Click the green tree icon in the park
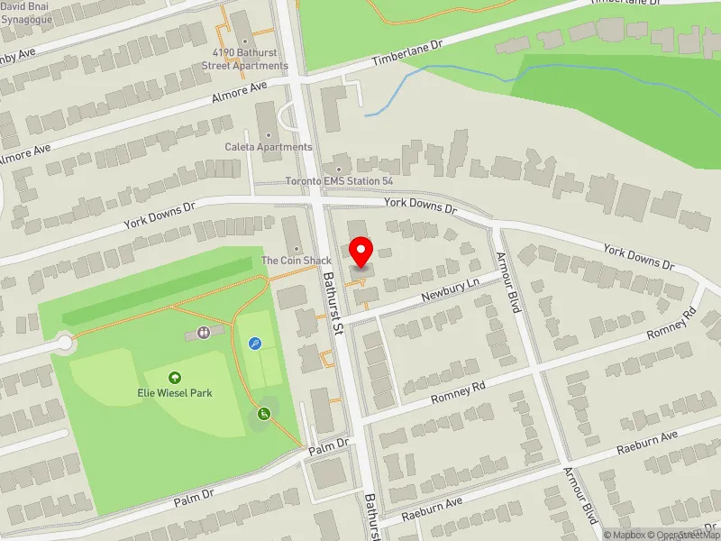(x=174, y=378)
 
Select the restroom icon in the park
(x=205, y=332)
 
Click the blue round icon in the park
(x=255, y=343)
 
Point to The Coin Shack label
(x=297, y=261)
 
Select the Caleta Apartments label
(x=269, y=147)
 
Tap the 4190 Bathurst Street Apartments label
(x=244, y=60)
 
